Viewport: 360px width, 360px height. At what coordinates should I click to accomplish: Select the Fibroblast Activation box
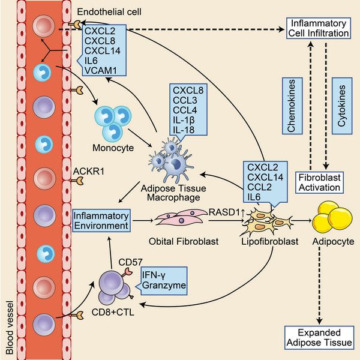[x=321, y=182]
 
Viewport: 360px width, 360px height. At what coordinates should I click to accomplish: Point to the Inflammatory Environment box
[x=101, y=220]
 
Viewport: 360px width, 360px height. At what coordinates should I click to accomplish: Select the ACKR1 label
[x=85, y=171]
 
